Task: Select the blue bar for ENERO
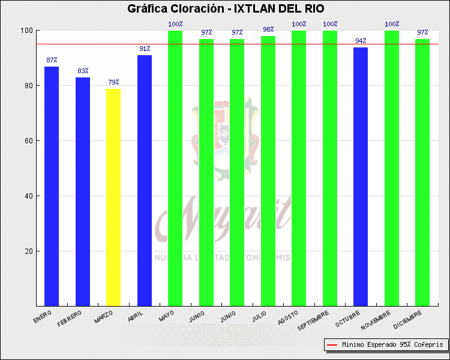[52, 186]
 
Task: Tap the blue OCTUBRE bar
[361, 176]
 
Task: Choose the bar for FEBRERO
[83, 191]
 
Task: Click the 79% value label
[113, 82]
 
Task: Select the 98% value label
[268, 29]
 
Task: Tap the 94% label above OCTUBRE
[361, 41]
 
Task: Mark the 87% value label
[52, 60]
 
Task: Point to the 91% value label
[145, 49]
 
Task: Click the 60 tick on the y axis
[27, 141]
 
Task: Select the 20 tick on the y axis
[27, 251]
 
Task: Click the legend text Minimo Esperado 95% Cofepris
[392, 345]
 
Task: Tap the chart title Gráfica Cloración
[225, 8]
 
